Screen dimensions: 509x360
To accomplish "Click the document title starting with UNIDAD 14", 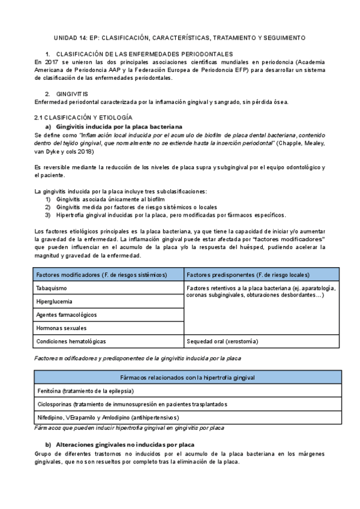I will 180,37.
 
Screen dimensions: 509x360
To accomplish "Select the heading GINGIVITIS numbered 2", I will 72,94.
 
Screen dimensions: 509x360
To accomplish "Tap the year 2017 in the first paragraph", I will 52,62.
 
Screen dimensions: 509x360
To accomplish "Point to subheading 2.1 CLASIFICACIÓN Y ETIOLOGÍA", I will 83,118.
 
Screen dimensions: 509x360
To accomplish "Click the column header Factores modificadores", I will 101,275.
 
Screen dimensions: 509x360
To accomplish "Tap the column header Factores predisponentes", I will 248,275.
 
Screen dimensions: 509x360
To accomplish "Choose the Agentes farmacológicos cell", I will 66,315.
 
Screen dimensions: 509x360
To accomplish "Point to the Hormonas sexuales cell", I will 61,328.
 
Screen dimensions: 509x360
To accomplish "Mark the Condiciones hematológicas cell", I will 71,341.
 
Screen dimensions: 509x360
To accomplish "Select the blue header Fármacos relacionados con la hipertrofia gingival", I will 188,378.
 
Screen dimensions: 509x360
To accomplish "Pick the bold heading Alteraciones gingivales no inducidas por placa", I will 125,445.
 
